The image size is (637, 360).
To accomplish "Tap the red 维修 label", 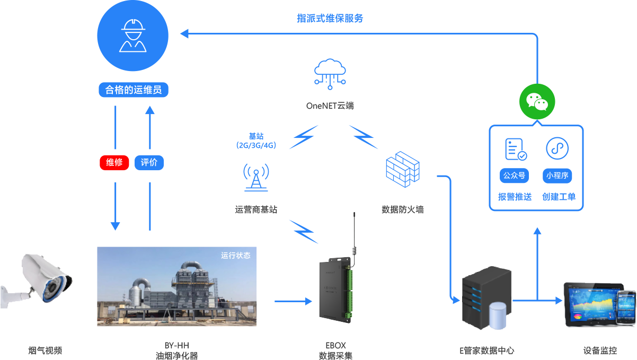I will [114, 162].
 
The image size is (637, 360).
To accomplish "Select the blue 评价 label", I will [149, 162].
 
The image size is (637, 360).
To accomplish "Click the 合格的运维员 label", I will [133, 90].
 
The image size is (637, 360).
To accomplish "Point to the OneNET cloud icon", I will [330, 72].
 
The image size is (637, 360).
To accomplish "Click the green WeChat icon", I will [537, 101].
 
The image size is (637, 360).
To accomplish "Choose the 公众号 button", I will [515, 175].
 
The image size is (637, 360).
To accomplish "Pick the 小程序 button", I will [557, 175].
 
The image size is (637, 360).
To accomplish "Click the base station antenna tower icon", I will [256, 177].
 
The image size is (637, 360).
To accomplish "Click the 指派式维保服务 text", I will [330, 18].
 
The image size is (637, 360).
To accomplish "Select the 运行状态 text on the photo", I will [236, 256].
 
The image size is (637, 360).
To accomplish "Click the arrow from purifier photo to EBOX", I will [294, 301].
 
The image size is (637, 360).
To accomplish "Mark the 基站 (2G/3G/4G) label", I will [256, 141].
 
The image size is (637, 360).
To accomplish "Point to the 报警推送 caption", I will [515, 197].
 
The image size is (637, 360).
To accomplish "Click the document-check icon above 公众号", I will [515, 149].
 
